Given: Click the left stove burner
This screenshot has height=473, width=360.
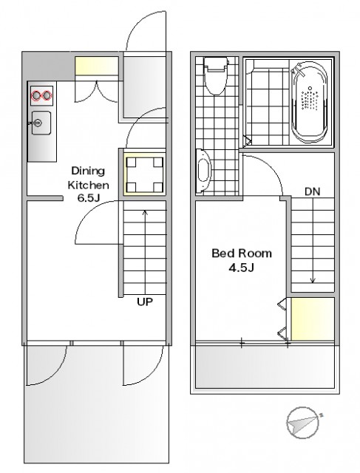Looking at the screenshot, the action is point(36,95).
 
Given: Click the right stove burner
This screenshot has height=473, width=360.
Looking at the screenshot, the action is point(47,95).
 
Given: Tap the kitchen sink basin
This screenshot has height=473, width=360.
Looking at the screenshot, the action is point(41,123).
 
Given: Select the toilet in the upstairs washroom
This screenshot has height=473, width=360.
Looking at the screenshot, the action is point(215,75).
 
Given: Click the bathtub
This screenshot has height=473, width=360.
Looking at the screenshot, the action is point(310,102).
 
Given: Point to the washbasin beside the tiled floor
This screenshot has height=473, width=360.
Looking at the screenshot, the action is point(203,171).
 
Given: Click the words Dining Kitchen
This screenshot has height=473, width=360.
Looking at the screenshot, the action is point(88,178).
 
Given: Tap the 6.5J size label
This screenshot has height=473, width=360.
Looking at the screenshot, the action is point(89,198).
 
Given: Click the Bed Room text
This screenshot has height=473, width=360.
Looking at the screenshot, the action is point(242,253).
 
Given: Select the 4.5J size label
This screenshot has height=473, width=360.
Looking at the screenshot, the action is point(242,268).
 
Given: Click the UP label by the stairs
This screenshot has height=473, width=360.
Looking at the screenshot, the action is point(145,302).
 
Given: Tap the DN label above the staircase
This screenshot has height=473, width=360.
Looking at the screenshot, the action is point(313,191).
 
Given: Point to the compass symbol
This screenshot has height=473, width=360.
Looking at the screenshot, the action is point(303,423).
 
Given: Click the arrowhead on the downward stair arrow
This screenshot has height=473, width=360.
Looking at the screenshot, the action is point(313,281).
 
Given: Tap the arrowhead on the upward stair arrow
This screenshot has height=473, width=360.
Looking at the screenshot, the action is point(145,212).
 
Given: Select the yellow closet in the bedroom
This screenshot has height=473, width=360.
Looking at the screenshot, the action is point(313,319).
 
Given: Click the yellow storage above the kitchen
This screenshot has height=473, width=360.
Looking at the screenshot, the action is point(96,66).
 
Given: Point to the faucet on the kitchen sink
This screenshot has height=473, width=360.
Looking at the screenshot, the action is point(34,123).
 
